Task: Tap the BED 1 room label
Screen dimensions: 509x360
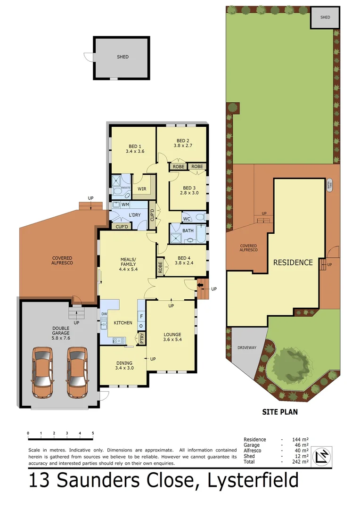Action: [134, 146]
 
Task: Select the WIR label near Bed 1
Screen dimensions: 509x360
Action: [142, 189]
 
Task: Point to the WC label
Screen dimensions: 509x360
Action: [187, 219]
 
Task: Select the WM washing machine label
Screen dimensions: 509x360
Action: [125, 205]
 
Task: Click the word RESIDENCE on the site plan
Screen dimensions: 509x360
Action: [293, 262]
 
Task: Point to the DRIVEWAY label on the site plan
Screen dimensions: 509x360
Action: [246, 348]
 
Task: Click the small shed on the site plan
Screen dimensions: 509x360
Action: [325, 17]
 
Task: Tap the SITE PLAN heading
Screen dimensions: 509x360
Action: [280, 411]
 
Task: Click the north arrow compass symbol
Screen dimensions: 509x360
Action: [322, 455]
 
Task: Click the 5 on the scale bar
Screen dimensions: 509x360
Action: [93, 433]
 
